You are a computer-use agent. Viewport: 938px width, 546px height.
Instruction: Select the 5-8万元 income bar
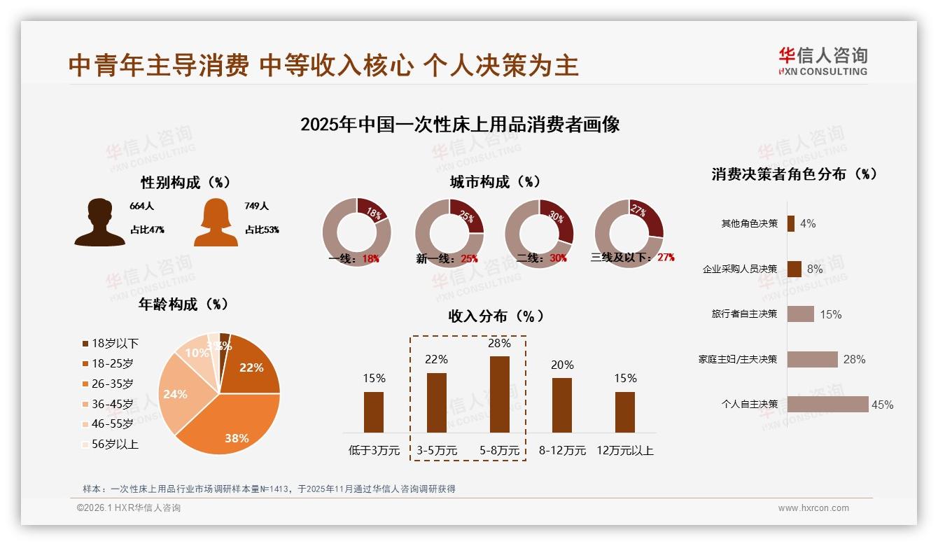click(x=499, y=394)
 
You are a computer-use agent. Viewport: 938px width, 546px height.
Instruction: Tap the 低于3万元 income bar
click(x=374, y=412)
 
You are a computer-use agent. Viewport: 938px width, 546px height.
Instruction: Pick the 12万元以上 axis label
click(x=624, y=451)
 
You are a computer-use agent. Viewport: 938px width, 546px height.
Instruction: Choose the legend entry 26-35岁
click(x=112, y=384)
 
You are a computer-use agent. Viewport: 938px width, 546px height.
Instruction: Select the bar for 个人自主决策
click(x=827, y=404)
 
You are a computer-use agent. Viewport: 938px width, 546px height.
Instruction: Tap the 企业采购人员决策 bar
click(x=794, y=269)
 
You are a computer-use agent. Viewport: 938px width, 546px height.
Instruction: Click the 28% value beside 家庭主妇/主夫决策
click(x=854, y=359)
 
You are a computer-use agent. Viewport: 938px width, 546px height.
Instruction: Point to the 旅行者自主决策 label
click(x=744, y=314)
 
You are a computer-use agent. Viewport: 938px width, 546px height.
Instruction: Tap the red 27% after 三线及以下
click(x=666, y=258)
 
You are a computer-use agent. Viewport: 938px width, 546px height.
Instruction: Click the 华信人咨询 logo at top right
click(x=822, y=61)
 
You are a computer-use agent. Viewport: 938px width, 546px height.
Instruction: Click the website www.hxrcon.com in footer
click(x=813, y=508)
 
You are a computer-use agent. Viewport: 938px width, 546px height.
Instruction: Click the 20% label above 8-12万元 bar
click(x=562, y=365)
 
